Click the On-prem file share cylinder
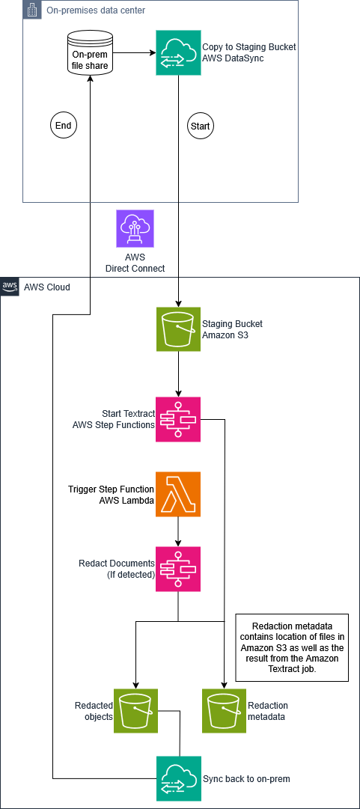pos(91,52)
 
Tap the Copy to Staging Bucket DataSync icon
pos(178,52)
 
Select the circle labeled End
pos(62,126)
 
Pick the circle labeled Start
pos(201,126)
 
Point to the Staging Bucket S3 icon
pos(178,329)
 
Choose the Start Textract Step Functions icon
pos(178,419)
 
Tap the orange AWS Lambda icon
pos(178,494)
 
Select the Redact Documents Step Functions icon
pos(178,569)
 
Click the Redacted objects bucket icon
pos(135,710)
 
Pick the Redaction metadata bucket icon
pos(225,710)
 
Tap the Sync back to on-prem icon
pos(178,778)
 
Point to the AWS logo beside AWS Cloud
pos(9,286)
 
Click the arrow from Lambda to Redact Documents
pos(178,531)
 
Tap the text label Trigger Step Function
pos(111,488)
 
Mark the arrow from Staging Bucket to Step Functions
pos(178,374)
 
